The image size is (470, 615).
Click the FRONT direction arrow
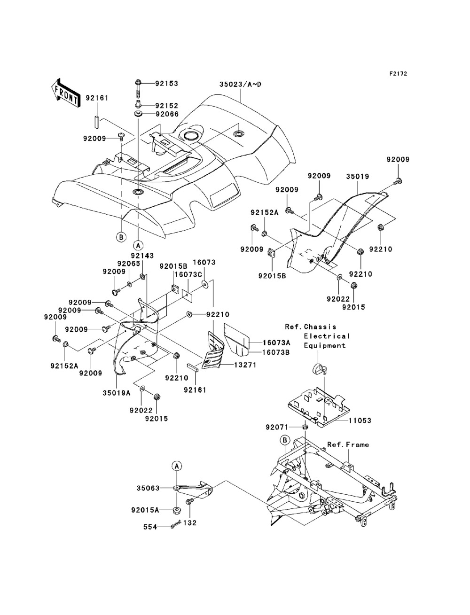pos(65,90)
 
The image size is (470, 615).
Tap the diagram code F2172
pos(398,74)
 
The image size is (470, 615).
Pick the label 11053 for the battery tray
pos(360,420)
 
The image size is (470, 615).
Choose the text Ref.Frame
pos(348,444)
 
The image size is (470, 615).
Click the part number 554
pos(150,527)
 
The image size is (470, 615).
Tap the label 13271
pos(244,365)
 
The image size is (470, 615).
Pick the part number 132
pos(190,522)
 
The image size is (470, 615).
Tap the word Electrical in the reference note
pos(327,336)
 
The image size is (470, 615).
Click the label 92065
pos(129,264)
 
